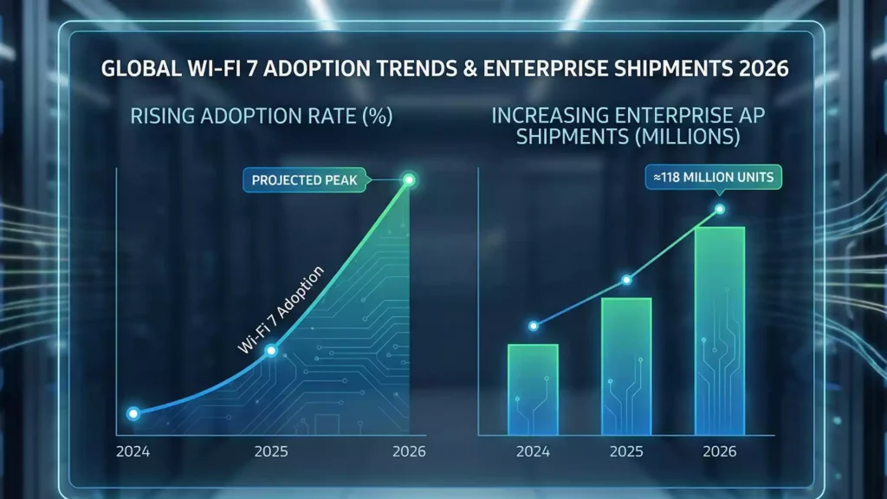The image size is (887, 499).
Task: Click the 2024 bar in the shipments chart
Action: (x=532, y=389)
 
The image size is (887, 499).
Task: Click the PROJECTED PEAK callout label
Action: (x=301, y=180)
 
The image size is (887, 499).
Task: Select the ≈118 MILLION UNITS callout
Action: (x=715, y=178)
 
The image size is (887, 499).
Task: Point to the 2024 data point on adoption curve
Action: (x=133, y=414)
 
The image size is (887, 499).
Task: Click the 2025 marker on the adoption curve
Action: (x=271, y=351)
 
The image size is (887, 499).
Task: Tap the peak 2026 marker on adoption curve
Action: (x=410, y=180)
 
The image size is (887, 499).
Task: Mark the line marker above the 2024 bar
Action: (x=533, y=326)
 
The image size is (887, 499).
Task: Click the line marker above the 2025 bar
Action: (x=626, y=280)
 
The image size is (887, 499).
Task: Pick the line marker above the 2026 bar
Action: (x=719, y=210)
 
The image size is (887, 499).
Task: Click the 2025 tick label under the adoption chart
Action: (x=271, y=452)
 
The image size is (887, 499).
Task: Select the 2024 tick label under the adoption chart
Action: (x=133, y=452)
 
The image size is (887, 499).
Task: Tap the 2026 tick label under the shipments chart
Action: (x=719, y=452)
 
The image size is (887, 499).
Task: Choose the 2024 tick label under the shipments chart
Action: (x=532, y=452)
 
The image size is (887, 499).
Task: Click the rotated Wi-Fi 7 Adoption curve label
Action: (x=282, y=309)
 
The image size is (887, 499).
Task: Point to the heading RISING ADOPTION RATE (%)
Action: (x=262, y=116)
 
